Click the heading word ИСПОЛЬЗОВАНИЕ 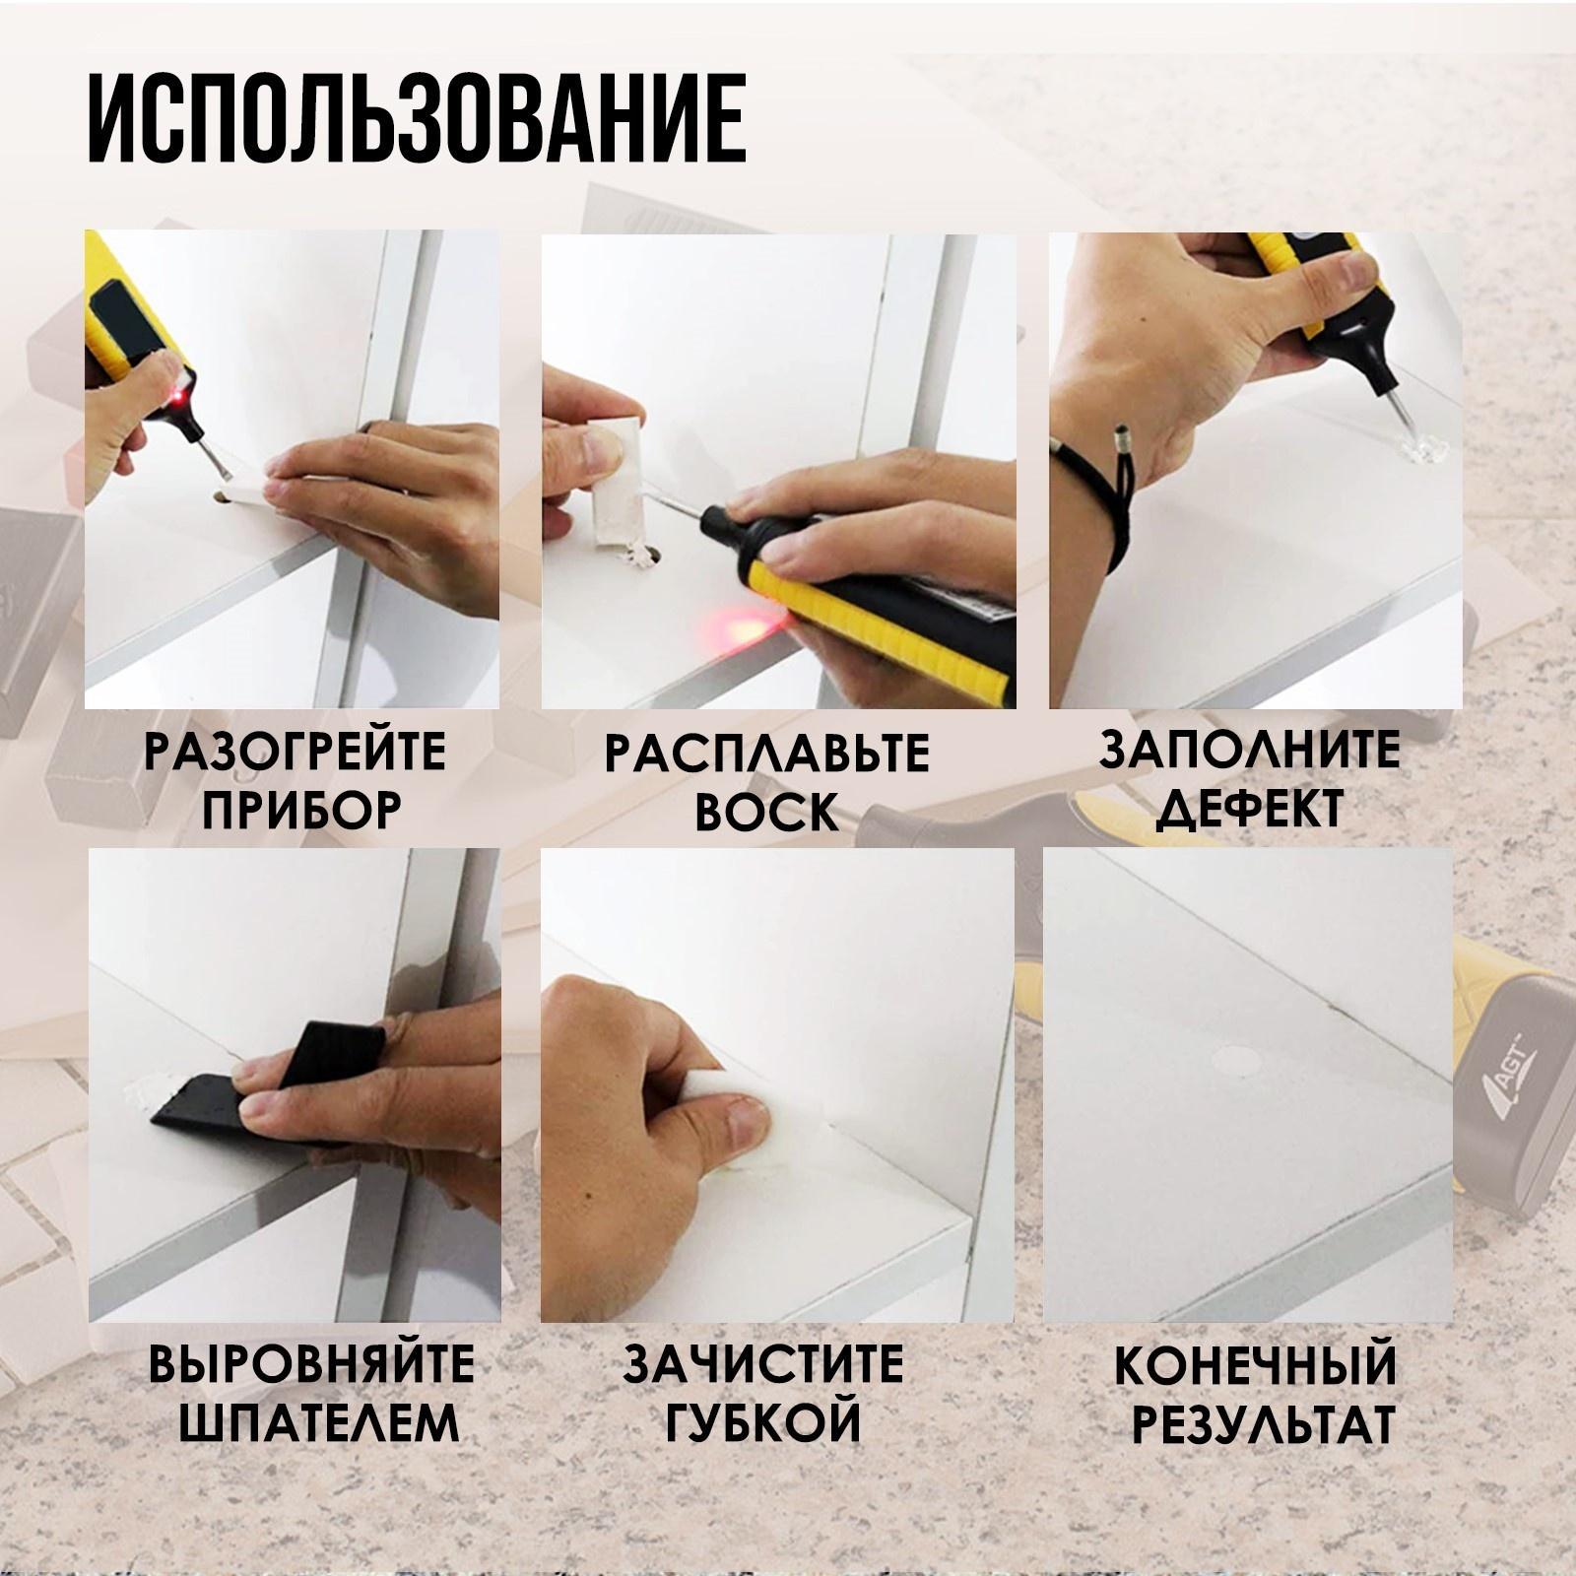(416, 119)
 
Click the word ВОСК (766, 814)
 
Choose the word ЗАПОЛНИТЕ (1250, 751)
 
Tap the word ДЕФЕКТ (1250, 810)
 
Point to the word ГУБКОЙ (762, 1425)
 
